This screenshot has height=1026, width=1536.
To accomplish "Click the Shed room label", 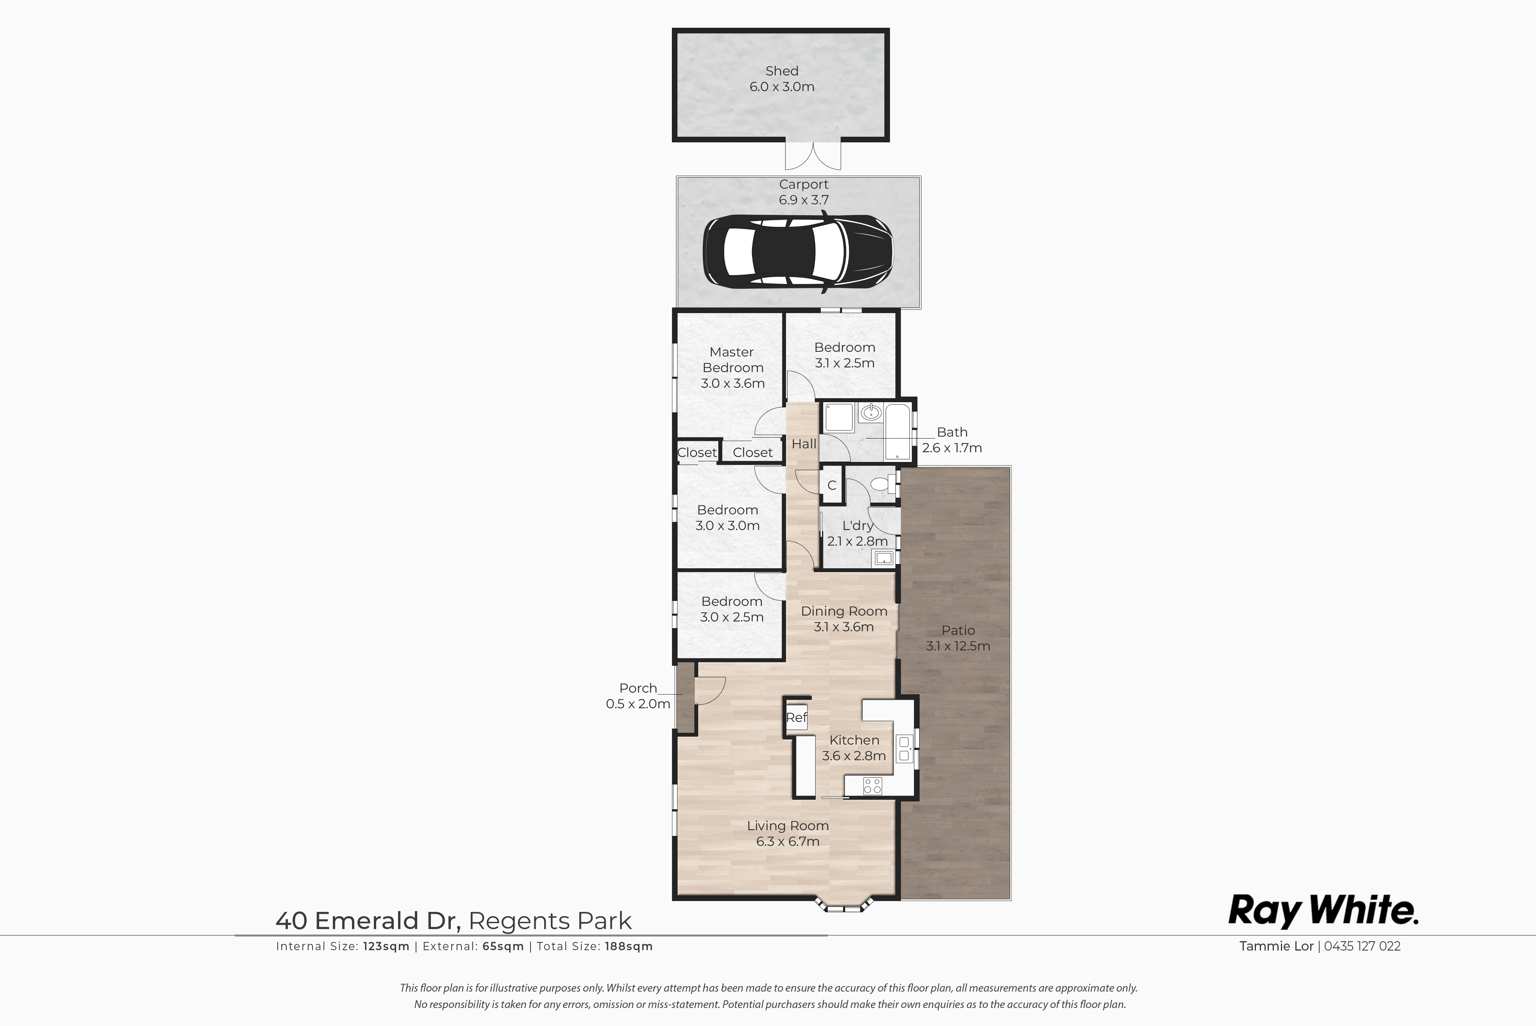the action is pos(782,71).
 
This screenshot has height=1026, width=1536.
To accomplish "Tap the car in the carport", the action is pos(798,251).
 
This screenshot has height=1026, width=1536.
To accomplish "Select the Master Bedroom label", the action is pos(732,360).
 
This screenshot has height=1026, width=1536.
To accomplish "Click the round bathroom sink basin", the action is pos(870,413).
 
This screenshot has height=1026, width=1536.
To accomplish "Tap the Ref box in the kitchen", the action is pos(797,718).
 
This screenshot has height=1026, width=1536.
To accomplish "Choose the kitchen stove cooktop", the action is pos(872,785).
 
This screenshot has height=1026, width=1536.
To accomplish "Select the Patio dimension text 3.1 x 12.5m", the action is pos(958,646).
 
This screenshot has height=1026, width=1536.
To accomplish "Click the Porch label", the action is pos(638,688).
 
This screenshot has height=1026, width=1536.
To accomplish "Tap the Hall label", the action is pos(804,444).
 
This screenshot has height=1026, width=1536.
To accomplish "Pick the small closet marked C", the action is pos(832,485).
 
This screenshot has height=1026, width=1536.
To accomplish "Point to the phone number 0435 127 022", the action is pos(1362,946).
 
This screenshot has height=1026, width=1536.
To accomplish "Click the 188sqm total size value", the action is pos(629,946).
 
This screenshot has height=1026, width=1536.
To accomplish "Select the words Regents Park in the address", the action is pos(550,920).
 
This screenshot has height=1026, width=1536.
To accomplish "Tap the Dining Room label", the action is pos(844,611).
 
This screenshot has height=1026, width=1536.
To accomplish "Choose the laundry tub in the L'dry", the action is pos(883,557).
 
